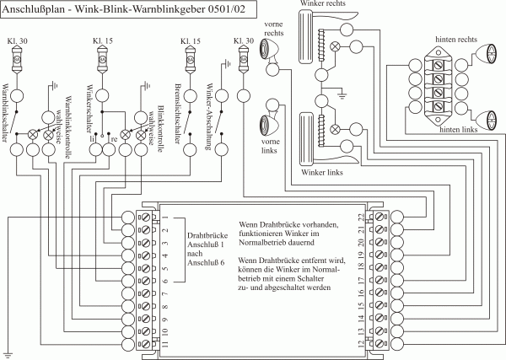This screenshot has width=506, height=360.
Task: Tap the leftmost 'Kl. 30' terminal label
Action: click(18, 40)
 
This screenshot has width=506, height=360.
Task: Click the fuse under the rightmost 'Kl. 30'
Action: click(243, 60)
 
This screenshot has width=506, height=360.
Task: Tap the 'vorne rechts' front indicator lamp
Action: click(273, 58)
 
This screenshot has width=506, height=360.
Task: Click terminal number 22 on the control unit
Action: click(360, 218)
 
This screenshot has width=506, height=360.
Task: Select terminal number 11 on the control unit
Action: click(165, 344)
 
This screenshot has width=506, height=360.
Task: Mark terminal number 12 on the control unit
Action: click(360, 344)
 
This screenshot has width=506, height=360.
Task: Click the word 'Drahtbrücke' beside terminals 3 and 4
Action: click(203, 239)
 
